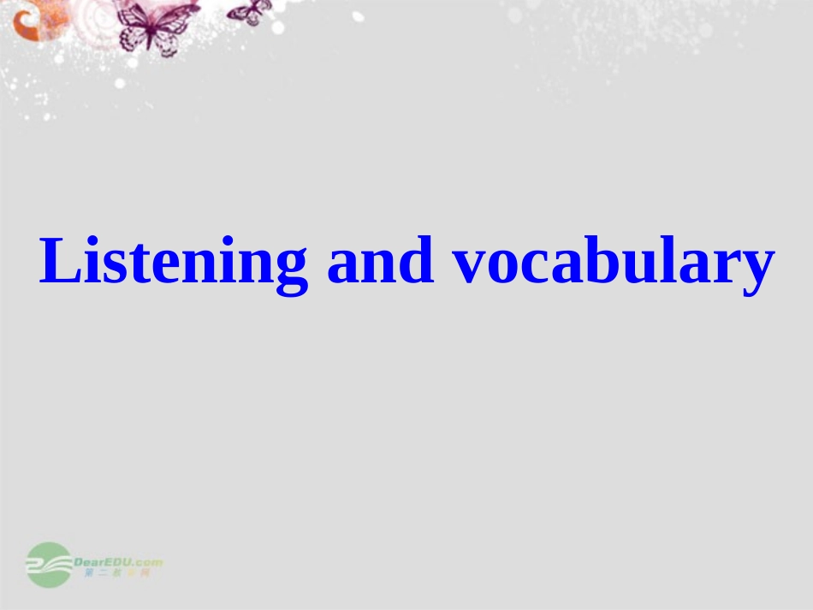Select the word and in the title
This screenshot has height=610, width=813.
point(380,261)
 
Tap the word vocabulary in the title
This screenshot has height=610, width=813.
point(613,263)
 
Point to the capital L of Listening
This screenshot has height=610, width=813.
point(57,260)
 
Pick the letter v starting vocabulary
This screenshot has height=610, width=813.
point(470,265)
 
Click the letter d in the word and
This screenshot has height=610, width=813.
point(417,260)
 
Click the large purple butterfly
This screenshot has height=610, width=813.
point(154,27)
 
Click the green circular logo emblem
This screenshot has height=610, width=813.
point(48,565)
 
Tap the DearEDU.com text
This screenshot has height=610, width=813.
point(118,561)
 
